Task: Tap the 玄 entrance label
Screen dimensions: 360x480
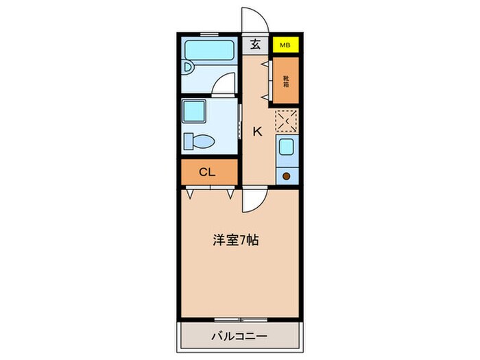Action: pyautogui.click(x=255, y=45)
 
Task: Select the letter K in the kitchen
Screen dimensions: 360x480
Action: pyautogui.click(x=258, y=132)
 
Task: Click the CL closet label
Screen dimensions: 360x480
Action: pyautogui.click(x=208, y=172)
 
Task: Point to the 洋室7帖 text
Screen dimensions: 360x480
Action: pyautogui.click(x=235, y=241)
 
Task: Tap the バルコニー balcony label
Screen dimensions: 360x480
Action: pyautogui.click(x=239, y=337)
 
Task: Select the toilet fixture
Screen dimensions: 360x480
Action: pyautogui.click(x=197, y=141)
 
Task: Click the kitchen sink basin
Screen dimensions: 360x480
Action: pyautogui.click(x=285, y=147)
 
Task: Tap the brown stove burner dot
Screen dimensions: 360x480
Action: pyautogui.click(x=286, y=176)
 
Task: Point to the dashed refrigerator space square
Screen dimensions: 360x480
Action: pyautogui.click(x=286, y=121)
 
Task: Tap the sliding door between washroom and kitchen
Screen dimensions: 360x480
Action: pyautogui.click(x=239, y=123)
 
